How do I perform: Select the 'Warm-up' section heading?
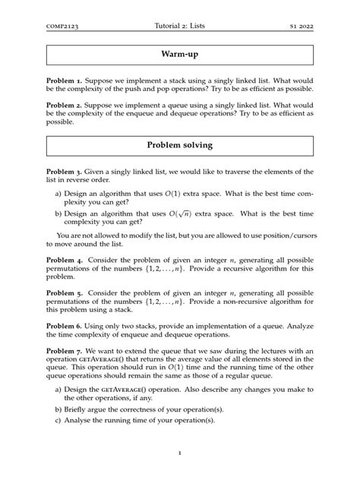pyautogui.click(x=180, y=56)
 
